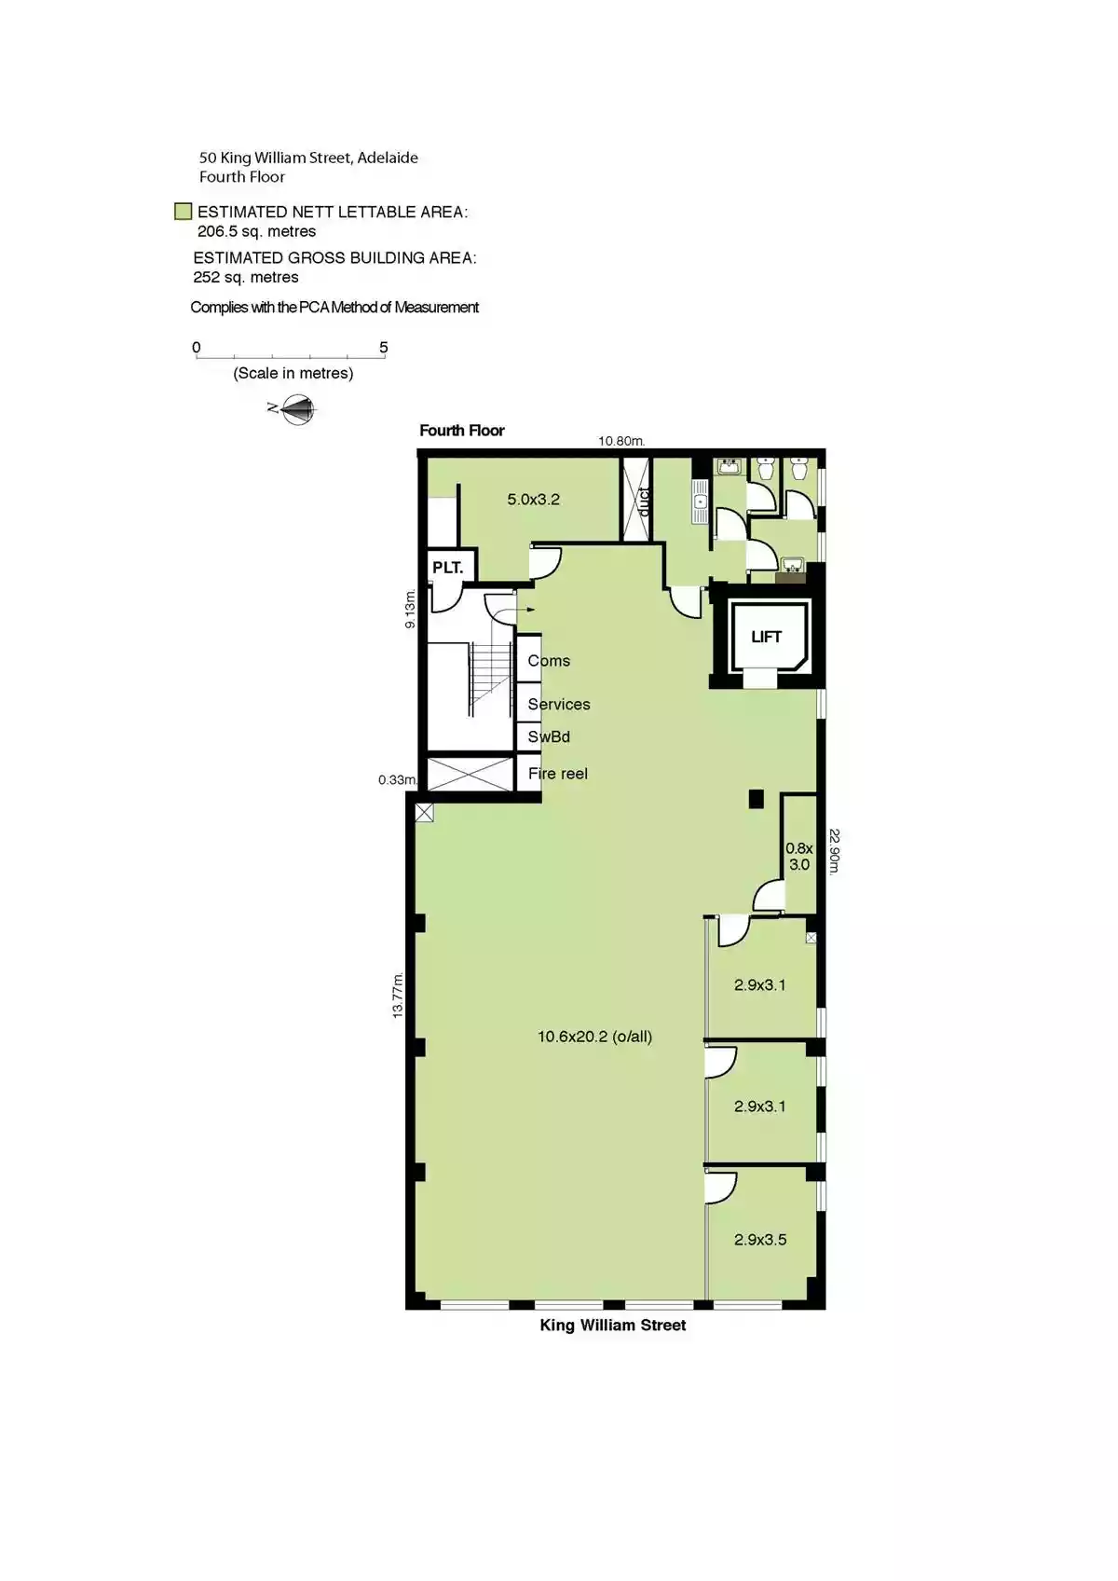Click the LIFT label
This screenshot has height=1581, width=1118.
(x=766, y=637)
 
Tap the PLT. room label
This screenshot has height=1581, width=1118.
(x=447, y=567)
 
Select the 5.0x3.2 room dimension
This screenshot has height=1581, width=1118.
(x=533, y=500)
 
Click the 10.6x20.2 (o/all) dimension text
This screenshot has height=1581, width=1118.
(x=594, y=1036)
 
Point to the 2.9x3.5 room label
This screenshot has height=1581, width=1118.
(x=760, y=1239)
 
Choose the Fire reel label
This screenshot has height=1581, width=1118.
(x=557, y=773)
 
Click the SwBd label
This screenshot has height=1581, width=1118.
(x=549, y=736)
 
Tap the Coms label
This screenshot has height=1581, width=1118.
(x=549, y=661)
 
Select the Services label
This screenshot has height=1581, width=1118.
(x=559, y=704)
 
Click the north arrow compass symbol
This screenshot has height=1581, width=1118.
(x=298, y=408)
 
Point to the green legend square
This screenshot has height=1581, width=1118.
(x=184, y=212)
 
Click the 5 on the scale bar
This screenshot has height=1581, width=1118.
(x=383, y=348)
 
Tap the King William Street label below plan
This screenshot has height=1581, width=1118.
(x=613, y=1325)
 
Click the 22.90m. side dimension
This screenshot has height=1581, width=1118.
(x=835, y=851)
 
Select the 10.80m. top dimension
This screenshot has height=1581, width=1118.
(x=621, y=441)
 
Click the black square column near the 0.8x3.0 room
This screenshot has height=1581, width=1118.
(x=756, y=799)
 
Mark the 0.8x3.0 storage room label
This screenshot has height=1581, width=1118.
(x=798, y=856)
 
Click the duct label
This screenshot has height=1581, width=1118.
(x=643, y=501)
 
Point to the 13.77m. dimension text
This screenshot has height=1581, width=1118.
(x=398, y=995)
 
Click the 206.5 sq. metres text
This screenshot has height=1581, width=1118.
(x=256, y=231)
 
